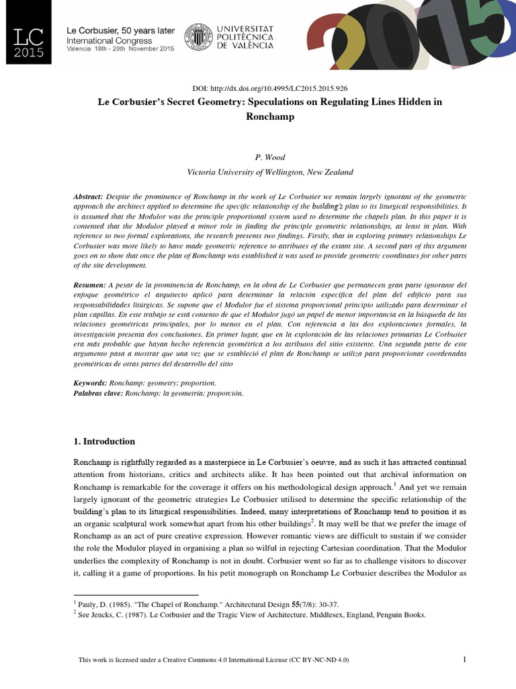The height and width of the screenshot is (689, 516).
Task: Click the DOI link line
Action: pyautogui.click(x=270, y=88)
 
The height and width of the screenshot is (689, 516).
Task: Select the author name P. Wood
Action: pyautogui.click(x=270, y=157)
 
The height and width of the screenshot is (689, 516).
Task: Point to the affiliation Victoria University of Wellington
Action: pyautogui.click(x=270, y=172)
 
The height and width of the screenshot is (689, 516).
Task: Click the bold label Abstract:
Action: pyautogui.click(x=88, y=195)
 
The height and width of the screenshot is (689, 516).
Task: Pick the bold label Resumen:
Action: pyautogui.click(x=89, y=286)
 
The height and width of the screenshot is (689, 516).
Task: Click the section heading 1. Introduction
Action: pyautogui.click(x=104, y=441)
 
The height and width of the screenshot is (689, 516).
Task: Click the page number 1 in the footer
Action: pyautogui.click(x=464, y=659)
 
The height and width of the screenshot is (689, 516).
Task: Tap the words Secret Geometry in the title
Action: pyautogui.click(x=209, y=102)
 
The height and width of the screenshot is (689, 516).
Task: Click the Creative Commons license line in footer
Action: pyautogui.click(x=214, y=660)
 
